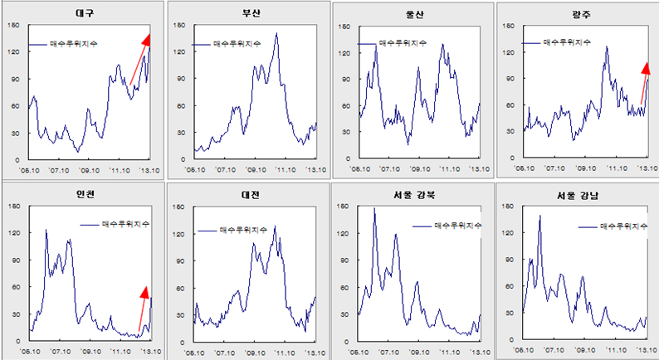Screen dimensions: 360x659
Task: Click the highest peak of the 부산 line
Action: point(276,34)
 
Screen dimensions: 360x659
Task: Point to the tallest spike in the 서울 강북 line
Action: point(374,209)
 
